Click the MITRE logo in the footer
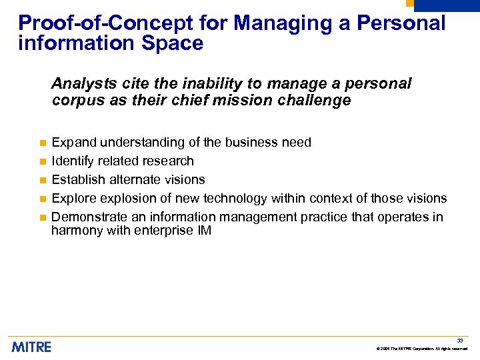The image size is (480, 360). pos(31,347)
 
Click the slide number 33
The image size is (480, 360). pos(460,341)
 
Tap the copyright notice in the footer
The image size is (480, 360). pos(421,349)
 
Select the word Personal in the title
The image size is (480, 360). pos(401,23)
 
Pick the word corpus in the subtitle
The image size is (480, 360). pos(74,101)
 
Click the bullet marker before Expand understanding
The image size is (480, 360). pos(41,143)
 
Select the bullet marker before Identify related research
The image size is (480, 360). pos(41,162)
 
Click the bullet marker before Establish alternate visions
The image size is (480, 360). pos(41,181)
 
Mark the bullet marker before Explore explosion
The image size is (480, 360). pos(41,199)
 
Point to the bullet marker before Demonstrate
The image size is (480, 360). pos(41,218)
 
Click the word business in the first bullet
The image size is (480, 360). pos(249,143)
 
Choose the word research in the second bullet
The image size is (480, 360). pos(169,161)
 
